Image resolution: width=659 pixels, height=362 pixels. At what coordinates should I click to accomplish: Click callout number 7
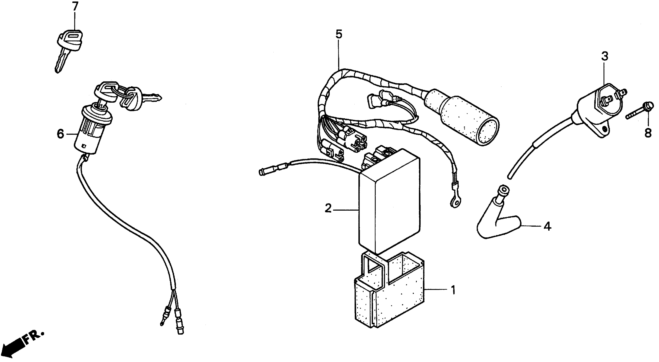click(75, 7)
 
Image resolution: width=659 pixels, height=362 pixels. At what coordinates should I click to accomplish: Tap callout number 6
click(60, 134)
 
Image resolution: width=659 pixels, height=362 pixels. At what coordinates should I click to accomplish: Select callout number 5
click(339, 34)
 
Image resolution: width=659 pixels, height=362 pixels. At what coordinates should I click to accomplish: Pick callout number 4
click(547, 226)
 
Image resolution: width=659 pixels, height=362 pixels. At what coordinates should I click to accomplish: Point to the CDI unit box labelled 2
click(389, 202)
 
